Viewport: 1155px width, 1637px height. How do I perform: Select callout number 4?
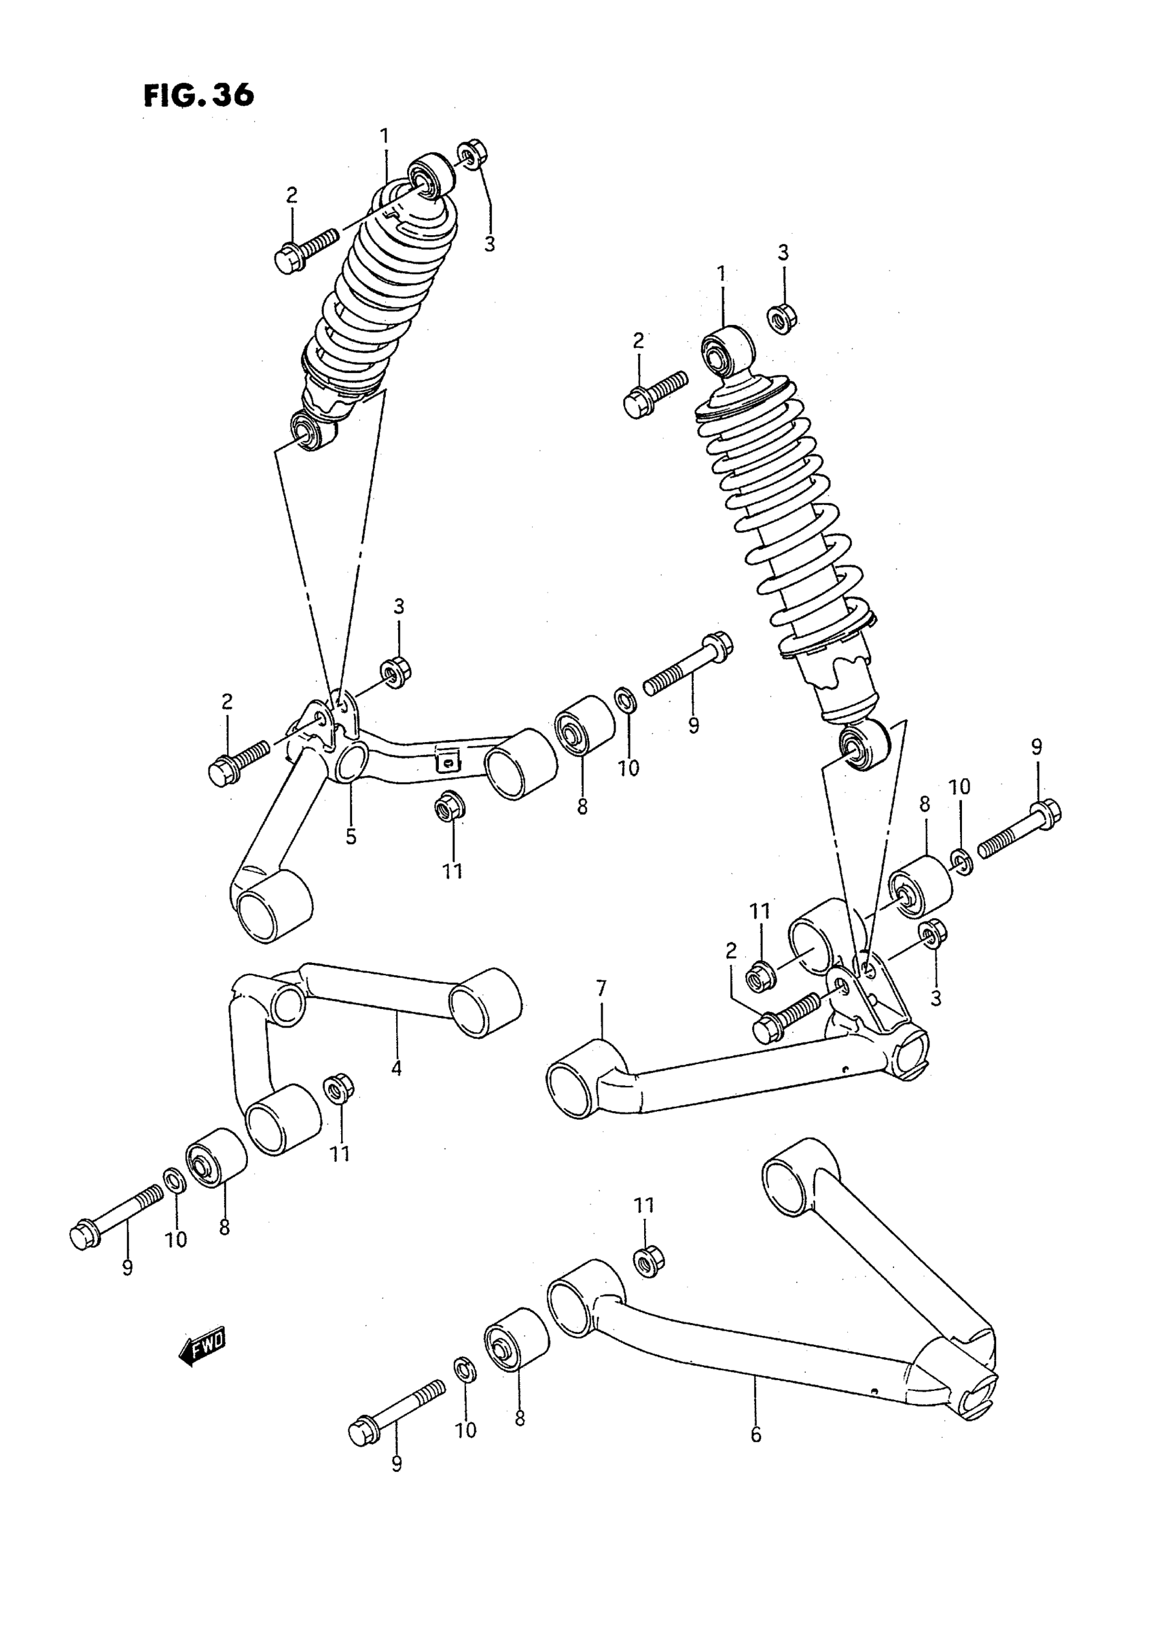pos(396,1088)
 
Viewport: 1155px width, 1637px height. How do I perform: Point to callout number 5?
pos(351,836)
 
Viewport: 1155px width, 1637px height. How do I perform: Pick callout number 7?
pos(601,989)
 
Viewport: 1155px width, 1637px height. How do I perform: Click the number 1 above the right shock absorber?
pos(722,274)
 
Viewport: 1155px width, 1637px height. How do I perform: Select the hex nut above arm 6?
pos(648,1261)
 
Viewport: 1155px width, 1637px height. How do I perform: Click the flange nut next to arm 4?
pos(338,1107)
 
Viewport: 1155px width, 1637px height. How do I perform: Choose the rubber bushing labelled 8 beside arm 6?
pos(516,1341)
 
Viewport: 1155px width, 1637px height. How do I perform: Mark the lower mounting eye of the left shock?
pos(313,431)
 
